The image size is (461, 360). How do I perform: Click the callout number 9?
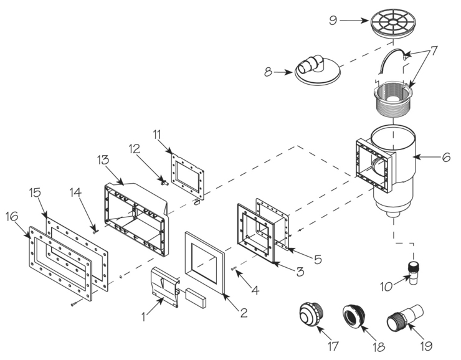coord(333,21)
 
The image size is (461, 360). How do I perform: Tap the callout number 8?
coord(269,72)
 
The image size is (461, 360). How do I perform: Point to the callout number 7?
coord(434,50)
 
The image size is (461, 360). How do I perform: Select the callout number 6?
coord(446,158)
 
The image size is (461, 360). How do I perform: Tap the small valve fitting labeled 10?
coord(414,273)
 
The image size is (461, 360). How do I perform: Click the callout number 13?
coord(103,160)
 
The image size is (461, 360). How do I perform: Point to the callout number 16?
coord(12,217)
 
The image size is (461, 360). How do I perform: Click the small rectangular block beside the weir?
coord(196,297)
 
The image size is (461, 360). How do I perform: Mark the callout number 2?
coord(244,313)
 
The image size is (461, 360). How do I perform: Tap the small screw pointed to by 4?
coord(234,268)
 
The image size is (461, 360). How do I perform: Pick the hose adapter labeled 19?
coord(404,318)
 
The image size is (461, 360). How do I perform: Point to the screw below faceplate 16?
coord(76,303)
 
